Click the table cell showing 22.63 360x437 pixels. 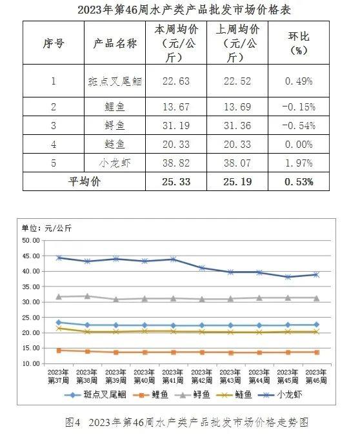coord(176,81)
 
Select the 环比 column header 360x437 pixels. coord(299,43)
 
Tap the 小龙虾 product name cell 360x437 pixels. coord(115,163)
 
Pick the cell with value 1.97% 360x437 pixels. coord(299,163)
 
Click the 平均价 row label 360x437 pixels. coord(84,181)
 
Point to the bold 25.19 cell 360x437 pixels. coord(237,181)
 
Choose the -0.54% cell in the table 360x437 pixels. coord(299,125)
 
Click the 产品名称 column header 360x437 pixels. coord(115,43)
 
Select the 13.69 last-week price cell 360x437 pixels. coord(237,107)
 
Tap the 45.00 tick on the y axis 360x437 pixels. coord(31,256)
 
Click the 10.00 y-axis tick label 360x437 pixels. coord(31,363)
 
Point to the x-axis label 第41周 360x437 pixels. coord(173,376)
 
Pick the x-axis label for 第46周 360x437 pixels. coord(316,376)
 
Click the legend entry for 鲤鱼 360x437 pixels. coord(151,394)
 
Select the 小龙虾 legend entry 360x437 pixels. coord(280,394)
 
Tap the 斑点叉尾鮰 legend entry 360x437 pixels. coord(95,394)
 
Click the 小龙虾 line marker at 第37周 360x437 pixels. coord(59,258)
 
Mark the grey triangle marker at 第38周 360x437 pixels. coord(88,296)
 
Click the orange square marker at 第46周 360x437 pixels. coord(317,352)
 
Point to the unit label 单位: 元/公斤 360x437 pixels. coord(47,229)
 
